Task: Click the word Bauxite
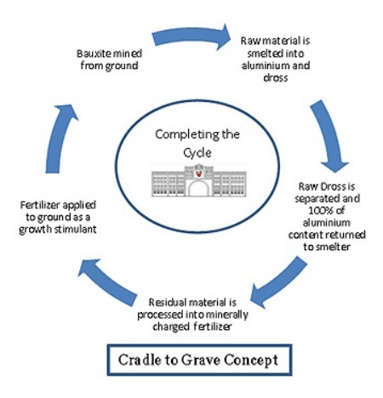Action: click(93, 54)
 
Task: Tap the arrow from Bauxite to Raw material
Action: click(191, 37)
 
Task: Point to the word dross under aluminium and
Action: click(276, 77)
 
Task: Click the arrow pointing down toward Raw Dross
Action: click(330, 136)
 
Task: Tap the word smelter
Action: click(333, 247)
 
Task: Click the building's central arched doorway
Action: click(198, 189)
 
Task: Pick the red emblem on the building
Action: click(199, 173)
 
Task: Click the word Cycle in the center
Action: click(197, 153)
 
